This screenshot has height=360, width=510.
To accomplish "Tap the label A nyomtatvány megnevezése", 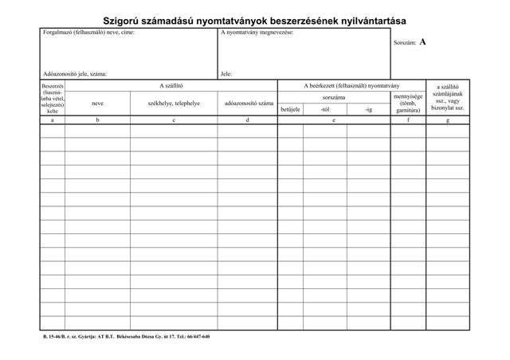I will click(x=257, y=33).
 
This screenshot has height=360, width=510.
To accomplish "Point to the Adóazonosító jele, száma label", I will click(x=75, y=73).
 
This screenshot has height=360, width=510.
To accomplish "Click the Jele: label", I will click(x=226, y=73).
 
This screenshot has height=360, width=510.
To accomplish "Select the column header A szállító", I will click(x=171, y=85).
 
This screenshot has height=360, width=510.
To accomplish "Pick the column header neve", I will click(x=97, y=104).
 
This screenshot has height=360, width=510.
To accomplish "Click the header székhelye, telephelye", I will click(x=174, y=104).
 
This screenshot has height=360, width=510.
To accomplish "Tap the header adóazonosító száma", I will click(x=249, y=104).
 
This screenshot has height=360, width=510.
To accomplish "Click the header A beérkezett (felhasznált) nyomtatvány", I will click(x=351, y=85).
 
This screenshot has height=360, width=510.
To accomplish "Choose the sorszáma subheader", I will click(x=333, y=97).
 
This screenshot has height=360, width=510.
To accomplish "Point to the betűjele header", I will click(x=290, y=109).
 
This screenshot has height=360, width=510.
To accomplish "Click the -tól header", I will click(x=324, y=109).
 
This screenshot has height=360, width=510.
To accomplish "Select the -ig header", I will click(x=368, y=109).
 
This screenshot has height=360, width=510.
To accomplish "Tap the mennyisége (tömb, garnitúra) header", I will click(x=408, y=103).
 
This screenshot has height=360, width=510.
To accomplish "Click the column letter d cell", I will click(x=248, y=120).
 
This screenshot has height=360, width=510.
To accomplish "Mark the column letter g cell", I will click(x=448, y=120).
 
